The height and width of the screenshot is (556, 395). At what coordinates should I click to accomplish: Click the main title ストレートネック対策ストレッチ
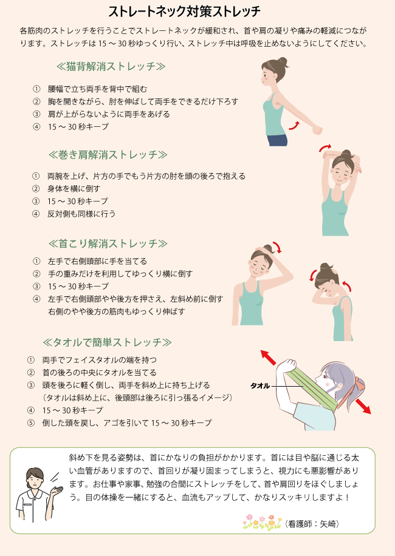pyautogui.click(x=185, y=12)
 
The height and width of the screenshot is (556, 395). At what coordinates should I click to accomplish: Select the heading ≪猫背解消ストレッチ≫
pyautogui.click(x=111, y=66)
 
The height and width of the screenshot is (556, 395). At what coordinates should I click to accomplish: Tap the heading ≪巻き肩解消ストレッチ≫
pyautogui.click(x=108, y=155)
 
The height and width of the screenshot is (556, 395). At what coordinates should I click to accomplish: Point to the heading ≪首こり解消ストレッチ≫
pyautogui.click(x=108, y=243)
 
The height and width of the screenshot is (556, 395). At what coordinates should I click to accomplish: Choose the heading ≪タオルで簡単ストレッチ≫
pyautogui.click(x=107, y=342)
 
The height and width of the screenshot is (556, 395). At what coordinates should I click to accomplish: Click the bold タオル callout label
pyautogui.click(x=260, y=386)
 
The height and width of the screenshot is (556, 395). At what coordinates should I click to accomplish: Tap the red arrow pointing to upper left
pyautogui.click(x=269, y=358)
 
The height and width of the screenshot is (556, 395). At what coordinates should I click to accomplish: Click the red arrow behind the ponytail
pyautogui.click(x=363, y=406)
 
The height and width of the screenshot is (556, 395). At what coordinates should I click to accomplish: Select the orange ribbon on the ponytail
pyautogui.click(x=359, y=385)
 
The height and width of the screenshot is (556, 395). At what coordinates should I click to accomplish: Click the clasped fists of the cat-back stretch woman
pyautogui.click(x=317, y=130)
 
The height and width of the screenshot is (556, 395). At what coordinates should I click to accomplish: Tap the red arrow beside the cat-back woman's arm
pyautogui.click(x=294, y=125)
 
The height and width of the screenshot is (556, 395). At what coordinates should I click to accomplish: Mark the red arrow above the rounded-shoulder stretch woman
pyautogui.click(x=325, y=147)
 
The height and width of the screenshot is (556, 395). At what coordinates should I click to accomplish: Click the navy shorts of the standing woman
pyautogui.click(x=277, y=140)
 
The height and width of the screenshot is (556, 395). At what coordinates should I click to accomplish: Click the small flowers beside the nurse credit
pyautogui.click(x=263, y=523)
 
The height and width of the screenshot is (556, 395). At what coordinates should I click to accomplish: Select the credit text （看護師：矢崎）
pyautogui.click(x=312, y=524)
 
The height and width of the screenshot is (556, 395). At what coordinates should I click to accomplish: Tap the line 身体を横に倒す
pyautogui.click(x=74, y=189)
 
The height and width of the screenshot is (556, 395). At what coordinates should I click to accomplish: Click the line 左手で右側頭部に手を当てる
pyautogui.click(x=97, y=262)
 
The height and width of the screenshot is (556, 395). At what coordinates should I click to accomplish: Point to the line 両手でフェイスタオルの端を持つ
pyautogui.click(x=100, y=360)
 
